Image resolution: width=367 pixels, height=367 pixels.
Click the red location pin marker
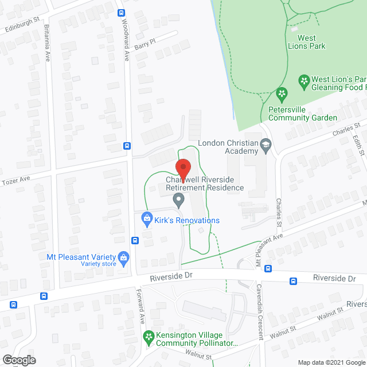[x=183, y=169]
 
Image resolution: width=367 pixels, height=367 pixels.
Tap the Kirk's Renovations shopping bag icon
[x=147, y=219]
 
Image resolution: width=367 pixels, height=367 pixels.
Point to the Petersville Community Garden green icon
[x=281, y=93]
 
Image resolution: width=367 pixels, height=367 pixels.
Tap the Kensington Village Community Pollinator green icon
[x=149, y=337]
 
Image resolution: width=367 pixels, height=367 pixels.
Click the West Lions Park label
[x=314, y=42]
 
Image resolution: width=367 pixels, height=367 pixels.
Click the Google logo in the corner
[x=18, y=360]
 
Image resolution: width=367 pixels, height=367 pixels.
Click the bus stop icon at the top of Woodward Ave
[x=120, y=13]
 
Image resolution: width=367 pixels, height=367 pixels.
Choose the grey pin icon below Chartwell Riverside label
[x=179, y=201]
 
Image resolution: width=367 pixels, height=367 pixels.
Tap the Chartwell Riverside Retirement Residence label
[x=205, y=183]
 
